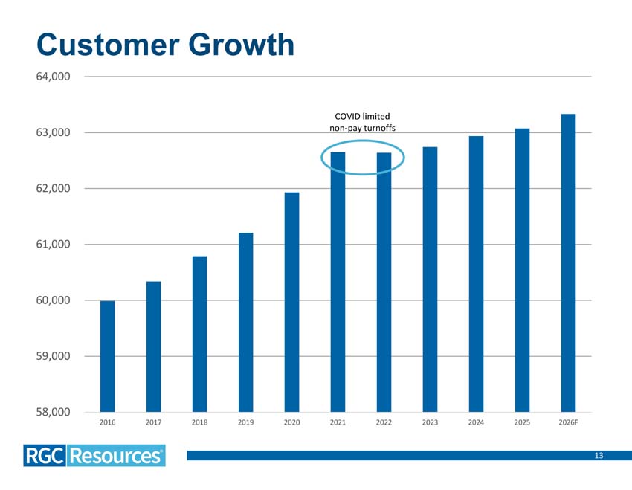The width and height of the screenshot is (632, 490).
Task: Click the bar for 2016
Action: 107,356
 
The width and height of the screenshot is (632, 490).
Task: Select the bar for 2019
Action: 246,323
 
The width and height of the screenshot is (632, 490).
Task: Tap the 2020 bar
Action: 291,302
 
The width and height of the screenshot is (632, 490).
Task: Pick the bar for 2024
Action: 476,274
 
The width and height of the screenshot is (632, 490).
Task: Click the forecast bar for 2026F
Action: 568,262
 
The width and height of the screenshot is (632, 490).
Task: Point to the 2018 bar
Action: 199,334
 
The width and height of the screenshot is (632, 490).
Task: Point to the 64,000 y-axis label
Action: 53,76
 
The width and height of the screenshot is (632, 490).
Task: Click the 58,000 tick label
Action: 53,412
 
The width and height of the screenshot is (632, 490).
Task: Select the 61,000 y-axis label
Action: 53,244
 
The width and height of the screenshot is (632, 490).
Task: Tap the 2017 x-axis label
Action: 154,422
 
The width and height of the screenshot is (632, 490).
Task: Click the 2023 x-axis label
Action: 430,422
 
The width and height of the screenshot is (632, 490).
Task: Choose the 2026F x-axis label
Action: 568,422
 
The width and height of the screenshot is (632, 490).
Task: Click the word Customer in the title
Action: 108,45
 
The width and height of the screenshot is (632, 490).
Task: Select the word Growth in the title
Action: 242,45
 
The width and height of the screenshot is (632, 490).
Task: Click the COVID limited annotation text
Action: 362,117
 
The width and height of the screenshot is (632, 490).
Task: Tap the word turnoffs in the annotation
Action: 380,128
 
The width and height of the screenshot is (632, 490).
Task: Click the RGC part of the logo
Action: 45,456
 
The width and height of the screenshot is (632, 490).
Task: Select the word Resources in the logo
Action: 116,456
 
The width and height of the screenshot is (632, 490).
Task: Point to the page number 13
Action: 599,455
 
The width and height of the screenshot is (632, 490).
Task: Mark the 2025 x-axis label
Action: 522,422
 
